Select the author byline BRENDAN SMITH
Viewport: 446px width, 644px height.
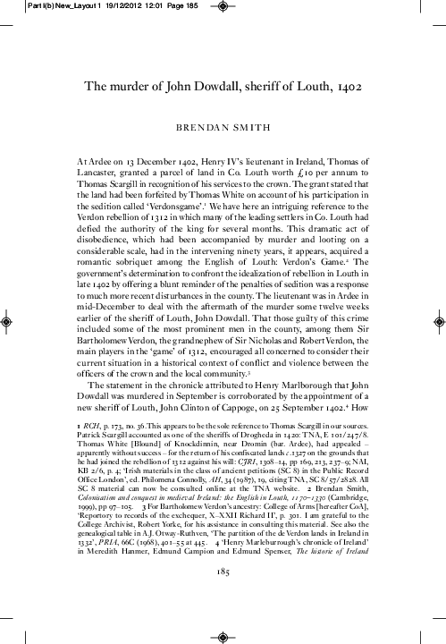pyautogui.click(x=223, y=128)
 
